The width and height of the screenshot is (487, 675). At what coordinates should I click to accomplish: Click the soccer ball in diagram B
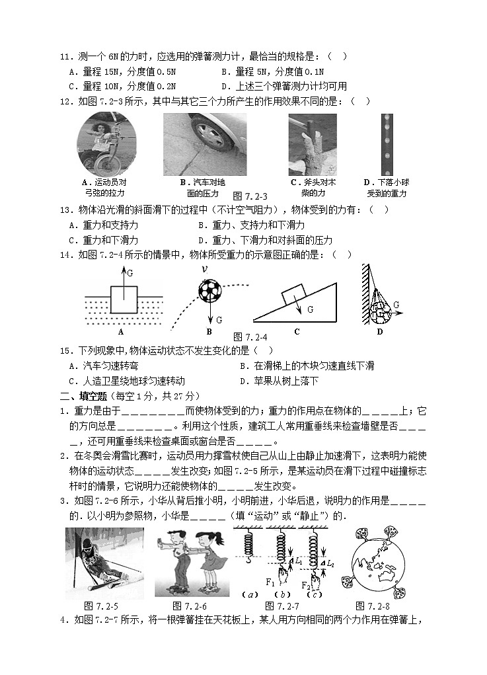[x=209, y=290]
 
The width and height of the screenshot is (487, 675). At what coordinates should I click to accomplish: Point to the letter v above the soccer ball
[x=206, y=269]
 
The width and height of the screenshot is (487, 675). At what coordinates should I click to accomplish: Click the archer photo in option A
[x=106, y=144]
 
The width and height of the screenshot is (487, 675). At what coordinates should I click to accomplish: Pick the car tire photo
[x=204, y=144]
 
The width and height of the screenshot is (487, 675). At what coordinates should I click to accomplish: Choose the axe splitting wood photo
[x=312, y=144]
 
